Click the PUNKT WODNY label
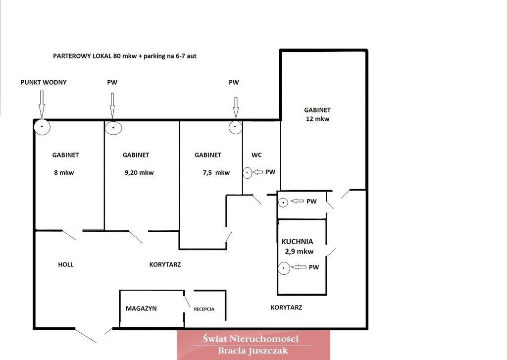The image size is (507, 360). (44, 83)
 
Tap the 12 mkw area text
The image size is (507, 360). (317, 119)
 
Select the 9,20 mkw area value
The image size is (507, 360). (139, 173)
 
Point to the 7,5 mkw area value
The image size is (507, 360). (216, 173)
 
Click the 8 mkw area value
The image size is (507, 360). (64, 173)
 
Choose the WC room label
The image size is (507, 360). (256, 155)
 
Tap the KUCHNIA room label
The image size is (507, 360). (297, 242)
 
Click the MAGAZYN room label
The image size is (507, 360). (141, 309)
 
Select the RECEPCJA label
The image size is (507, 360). (204, 309)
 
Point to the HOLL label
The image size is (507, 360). (66, 264)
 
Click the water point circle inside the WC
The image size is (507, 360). (248, 173)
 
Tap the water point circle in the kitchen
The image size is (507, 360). (284, 268)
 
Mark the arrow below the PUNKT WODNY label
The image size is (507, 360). (42, 104)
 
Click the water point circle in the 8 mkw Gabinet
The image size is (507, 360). (42, 127)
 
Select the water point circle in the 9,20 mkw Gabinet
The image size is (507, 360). (113, 128)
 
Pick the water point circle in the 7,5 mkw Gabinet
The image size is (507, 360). (236, 127)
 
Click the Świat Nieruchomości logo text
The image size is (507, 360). (251, 339)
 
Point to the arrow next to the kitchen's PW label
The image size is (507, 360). (299, 267)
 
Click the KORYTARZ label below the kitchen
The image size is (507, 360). (287, 308)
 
